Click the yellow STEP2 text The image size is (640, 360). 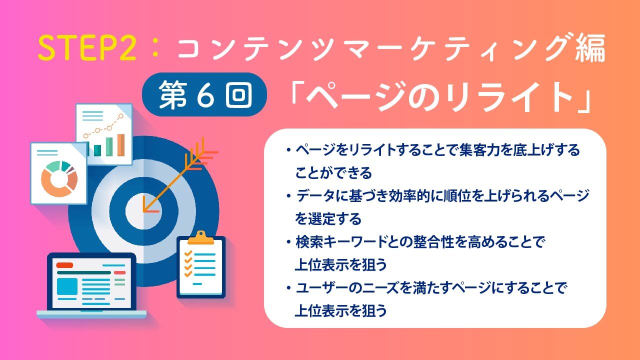pyautogui.click(x=87, y=48)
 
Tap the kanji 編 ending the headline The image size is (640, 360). pyautogui.click(x=590, y=48)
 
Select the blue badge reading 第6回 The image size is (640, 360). pyautogui.click(x=204, y=94)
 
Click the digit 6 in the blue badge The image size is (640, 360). pyautogui.click(x=205, y=95)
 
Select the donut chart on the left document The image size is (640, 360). pyautogui.click(x=59, y=179)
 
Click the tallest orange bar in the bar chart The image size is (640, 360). pyautogui.click(x=121, y=145)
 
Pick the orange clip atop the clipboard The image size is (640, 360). pyautogui.click(x=201, y=237)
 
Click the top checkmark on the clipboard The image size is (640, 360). pyautogui.click(x=188, y=253)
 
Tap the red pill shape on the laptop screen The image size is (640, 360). pyautogui.click(x=64, y=265)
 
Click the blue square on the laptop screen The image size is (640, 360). pyautogui.click(x=67, y=286)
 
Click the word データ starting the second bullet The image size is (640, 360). pyautogui.click(x=315, y=196)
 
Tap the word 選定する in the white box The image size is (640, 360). pyautogui.click(x=335, y=219)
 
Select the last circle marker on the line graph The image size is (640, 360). pyautogui.click(x=121, y=116)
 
